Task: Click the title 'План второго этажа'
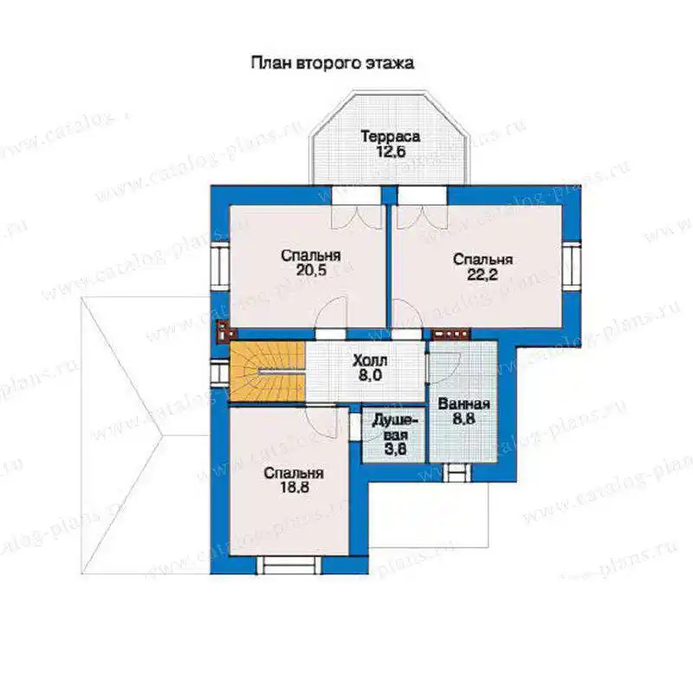click(333, 62)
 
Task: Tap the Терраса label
click(391, 136)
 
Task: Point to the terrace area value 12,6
click(391, 152)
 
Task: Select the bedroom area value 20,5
click(311, 270)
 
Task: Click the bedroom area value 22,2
click(483, 275)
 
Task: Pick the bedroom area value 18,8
click(294, 487)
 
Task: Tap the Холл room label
click(370, 360)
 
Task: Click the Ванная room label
click(463, 404)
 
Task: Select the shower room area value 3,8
click(395, 450)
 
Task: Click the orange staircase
click(267, 372)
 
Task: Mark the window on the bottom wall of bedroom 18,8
click(289, 565)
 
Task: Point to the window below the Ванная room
click(457, 472)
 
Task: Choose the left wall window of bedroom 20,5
click(220, 266)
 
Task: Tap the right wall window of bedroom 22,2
click(571, 265)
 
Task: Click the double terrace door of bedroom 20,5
click(356, 207)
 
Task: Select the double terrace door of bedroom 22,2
click(422, 207)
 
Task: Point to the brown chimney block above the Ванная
click(450, 334)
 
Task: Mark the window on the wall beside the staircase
click(220, 372)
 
